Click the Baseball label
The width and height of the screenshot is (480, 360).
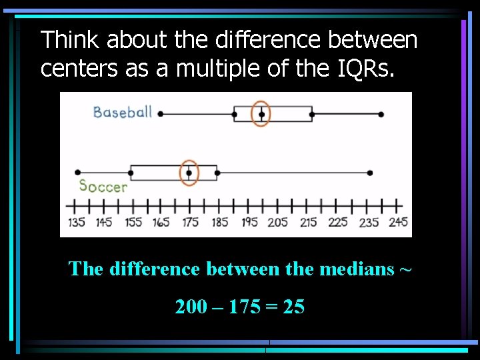(123, 111)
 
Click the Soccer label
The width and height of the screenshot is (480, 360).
(103, 187)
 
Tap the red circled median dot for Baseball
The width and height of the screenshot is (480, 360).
(261, 114)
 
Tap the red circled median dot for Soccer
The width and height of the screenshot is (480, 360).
(189, 173)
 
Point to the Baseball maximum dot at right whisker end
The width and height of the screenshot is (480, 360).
(381, 114)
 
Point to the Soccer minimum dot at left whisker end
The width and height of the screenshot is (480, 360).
(78, 173)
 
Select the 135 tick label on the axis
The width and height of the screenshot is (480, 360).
(77, 223)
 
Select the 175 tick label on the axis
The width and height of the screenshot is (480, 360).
(191, 223)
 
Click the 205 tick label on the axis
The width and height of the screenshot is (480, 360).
(278, 223)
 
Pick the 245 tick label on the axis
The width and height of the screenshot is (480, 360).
(397, 223)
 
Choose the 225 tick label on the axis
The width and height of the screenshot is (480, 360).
(338, 223)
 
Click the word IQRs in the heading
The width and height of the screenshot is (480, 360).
(364, 68)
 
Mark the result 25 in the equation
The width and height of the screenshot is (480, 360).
(293, 307)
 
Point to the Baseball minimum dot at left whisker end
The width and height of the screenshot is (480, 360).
(161, 114)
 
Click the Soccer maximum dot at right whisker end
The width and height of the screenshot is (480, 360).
(369, 173)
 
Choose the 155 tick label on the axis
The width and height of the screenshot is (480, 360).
(133, 223)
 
